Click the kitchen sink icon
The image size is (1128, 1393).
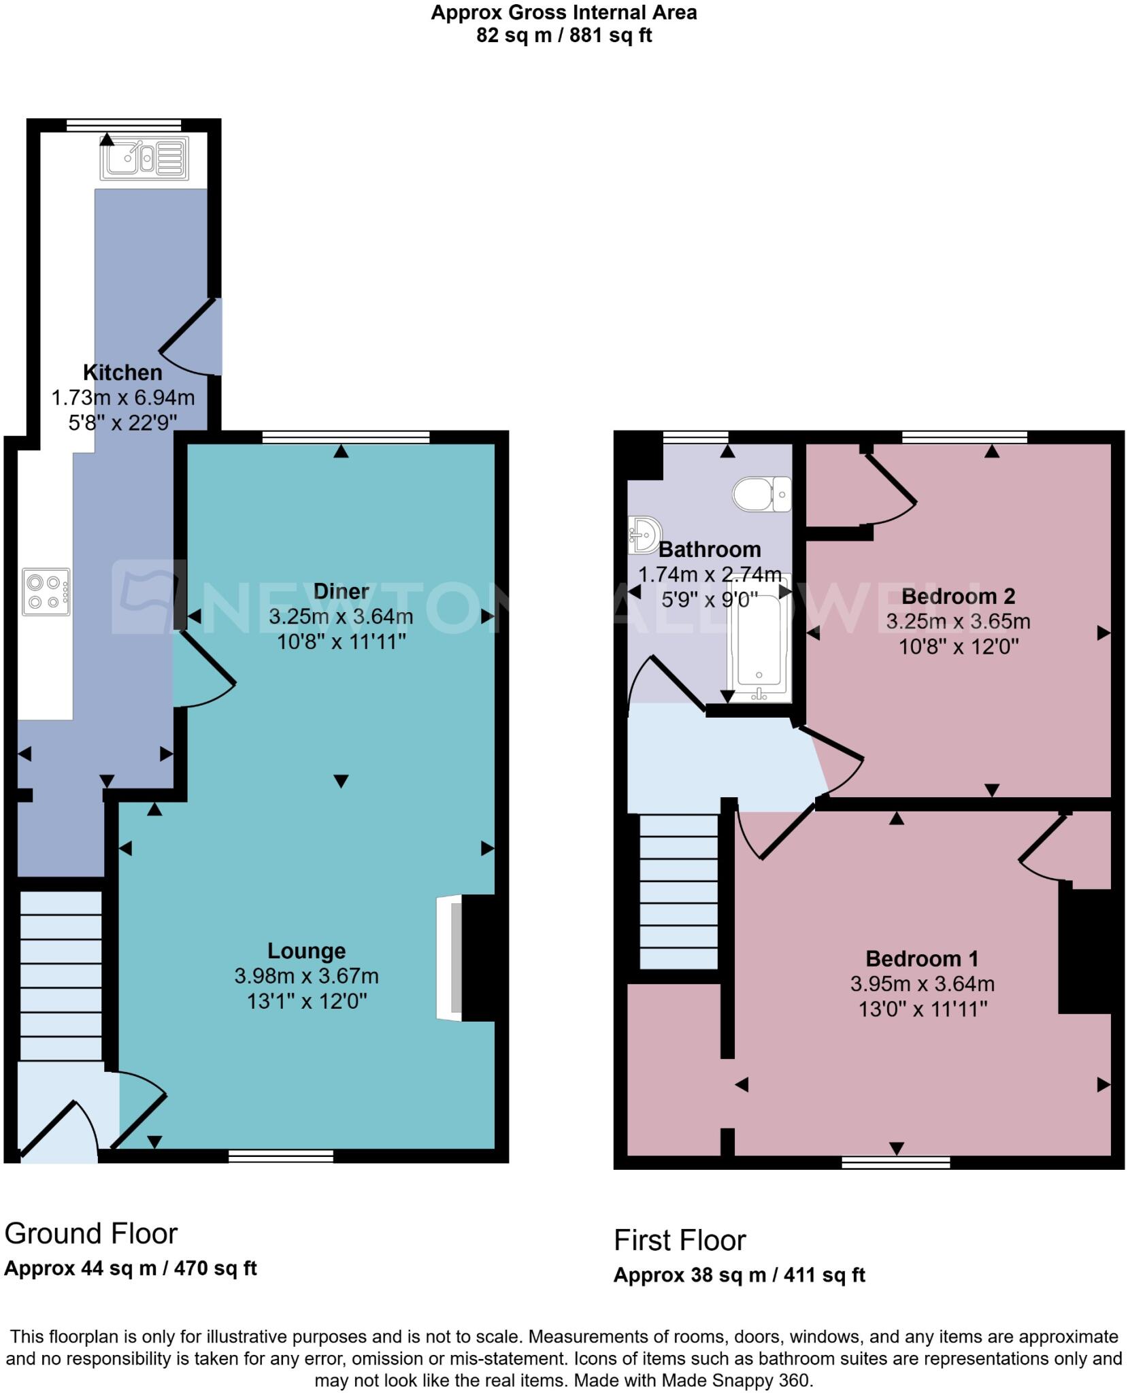coord(144,159)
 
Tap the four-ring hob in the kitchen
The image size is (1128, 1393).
coord(46,592)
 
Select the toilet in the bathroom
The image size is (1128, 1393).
coord(762,494)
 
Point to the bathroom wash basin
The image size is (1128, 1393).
coord(643,535)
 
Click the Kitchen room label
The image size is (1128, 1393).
coord(122,373)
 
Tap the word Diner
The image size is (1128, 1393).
coord(341,591)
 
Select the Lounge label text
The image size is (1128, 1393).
coord(306,951)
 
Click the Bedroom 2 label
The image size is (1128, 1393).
coord(958,597)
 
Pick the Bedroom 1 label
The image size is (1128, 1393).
coord(922,959)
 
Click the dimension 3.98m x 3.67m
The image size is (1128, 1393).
coord(306,976)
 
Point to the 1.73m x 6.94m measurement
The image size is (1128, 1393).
coord(123,398)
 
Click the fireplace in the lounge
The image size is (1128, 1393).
coord(469,958)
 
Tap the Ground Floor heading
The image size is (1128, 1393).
coord(91,1234)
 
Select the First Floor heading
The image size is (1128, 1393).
coord(680,1241)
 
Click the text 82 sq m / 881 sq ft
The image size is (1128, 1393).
coord(563,35)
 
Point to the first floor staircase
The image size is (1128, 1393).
coord(678,891)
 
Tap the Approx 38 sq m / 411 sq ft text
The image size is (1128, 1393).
coord(739,1275)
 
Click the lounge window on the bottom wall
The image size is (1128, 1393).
coord(281,1156)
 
